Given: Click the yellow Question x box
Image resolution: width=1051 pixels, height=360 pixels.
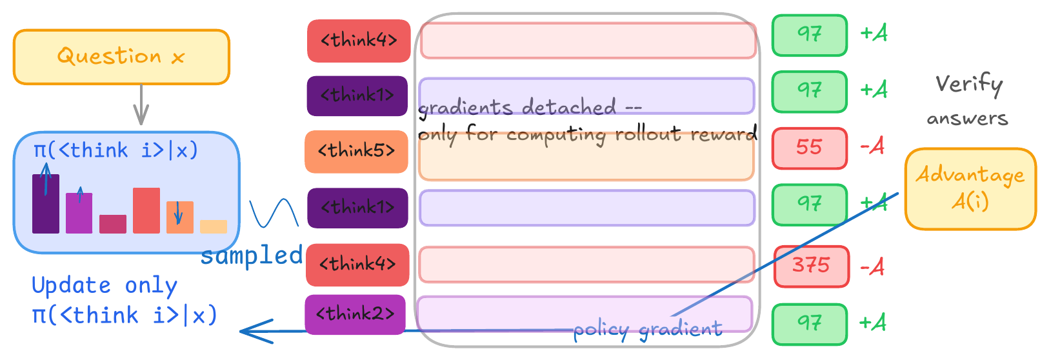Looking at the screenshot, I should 121,57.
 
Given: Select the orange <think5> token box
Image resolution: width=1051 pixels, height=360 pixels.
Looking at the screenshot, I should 356,152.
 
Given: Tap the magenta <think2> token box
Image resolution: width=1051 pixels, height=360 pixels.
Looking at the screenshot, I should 355,314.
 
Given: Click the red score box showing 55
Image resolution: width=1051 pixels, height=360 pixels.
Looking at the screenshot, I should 809,148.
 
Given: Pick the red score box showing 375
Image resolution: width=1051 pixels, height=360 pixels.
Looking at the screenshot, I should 811,266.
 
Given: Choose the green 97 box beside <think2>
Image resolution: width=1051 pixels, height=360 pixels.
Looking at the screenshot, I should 809,323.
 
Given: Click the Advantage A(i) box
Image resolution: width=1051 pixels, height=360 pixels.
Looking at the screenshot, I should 970,188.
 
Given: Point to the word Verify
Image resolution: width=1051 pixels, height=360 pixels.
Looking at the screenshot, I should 969,85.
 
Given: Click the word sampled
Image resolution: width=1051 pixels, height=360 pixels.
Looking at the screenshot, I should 252,255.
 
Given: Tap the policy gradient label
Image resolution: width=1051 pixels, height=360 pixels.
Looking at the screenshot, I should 648,330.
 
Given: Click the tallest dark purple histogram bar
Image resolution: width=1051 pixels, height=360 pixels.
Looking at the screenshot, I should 45,203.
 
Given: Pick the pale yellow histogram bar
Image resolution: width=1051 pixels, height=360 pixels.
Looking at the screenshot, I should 214,226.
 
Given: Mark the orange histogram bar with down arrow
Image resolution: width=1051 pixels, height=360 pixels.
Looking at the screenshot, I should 180,217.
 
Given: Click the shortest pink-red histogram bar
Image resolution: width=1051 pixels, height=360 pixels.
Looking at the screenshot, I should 113,224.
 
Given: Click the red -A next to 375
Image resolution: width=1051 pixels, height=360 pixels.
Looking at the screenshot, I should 872,266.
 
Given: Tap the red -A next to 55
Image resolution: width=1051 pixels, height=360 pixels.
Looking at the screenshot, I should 872,148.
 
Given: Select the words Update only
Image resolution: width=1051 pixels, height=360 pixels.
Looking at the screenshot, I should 105,285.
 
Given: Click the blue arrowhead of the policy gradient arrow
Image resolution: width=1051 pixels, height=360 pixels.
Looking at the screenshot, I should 248,332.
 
